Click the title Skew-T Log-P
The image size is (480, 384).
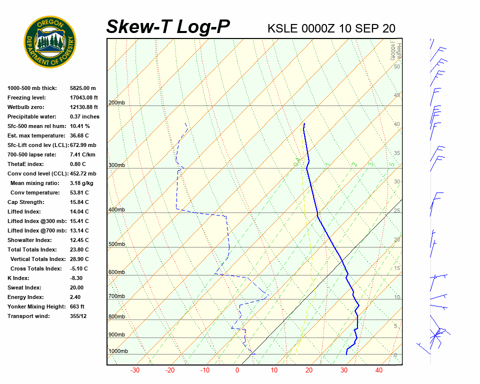[x=168, y=27]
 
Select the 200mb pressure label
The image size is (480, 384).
[x=116, y=103]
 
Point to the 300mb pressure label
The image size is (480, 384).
[x=116, y=165]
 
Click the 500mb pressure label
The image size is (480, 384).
[x=116, y=244]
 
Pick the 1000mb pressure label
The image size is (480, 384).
[x=118, y=351]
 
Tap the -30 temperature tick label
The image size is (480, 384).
[x=135, y=370]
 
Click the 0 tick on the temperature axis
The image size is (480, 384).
[x=237, y=370]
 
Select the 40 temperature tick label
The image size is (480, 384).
[x=379, y=370]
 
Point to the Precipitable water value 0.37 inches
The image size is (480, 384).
[x=84, y=116]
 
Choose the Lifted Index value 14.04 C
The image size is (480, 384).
[x=79, y=211]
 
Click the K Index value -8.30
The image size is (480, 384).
[x=76, y=278]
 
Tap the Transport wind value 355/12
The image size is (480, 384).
[x=78, y=316]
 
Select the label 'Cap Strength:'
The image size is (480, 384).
[x=26, y=202]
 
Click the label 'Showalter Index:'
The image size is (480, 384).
[x=29, y=240]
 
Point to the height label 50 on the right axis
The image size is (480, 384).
[x=396, y=66]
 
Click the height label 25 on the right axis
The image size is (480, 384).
[x=396, y=211]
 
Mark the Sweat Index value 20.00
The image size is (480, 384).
[x=76, y=287]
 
